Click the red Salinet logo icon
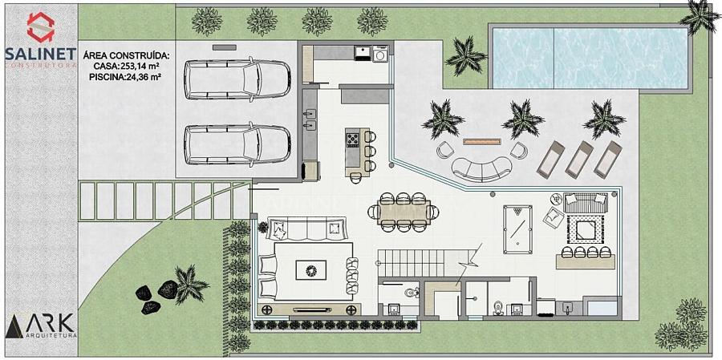point(41,26)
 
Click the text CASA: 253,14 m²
point(126,67)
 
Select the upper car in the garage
point(237,79)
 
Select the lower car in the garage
point(237,144)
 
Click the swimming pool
point(590,58)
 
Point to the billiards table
point(517,229)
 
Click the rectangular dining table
point(404,212)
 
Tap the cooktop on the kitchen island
point(353,139)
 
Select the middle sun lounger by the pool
point(579,160)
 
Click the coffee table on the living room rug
point(310,269)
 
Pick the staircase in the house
point(423,263)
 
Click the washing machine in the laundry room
point(381,54)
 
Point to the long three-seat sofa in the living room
point(306,229)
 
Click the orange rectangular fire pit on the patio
point(481,141)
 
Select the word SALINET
point(41,54)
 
